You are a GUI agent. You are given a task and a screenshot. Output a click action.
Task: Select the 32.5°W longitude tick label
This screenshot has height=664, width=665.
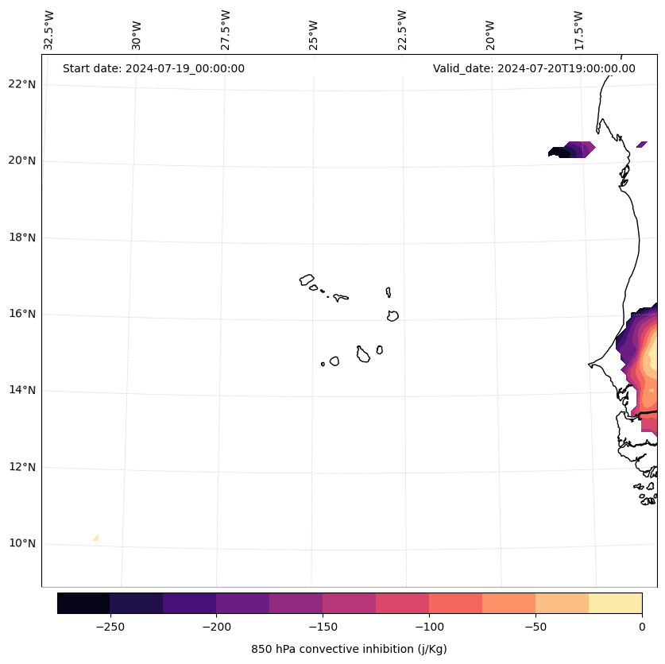click(x=49, y=30)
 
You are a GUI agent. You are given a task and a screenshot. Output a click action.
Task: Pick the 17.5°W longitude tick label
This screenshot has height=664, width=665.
click(x=578, y=30)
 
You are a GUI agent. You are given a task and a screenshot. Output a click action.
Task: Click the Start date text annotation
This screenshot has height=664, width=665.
click(x=153, y=68)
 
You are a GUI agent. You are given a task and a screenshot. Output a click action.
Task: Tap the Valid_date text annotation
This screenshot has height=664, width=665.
click(x=534, y=68)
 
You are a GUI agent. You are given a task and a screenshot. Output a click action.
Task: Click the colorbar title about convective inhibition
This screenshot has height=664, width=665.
click(x=349, y=649)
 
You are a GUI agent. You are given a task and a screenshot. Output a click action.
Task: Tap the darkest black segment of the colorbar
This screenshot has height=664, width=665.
click(x=83, y=603)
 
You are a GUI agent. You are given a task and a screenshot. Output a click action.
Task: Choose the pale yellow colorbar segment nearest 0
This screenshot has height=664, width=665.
click(x=615, y=603)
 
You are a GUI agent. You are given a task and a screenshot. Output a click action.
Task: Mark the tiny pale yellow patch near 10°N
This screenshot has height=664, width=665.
click(x=96, y=538)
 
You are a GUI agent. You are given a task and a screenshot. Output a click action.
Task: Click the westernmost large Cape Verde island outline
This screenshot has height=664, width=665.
click(x=307, y=279)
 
